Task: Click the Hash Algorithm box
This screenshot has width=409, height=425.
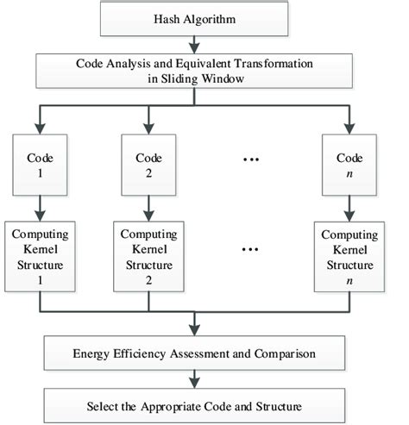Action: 204,19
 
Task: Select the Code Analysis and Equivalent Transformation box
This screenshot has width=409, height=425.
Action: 204,72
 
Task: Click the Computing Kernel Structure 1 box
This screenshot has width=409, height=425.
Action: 38,256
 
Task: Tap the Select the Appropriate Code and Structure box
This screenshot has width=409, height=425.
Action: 204,404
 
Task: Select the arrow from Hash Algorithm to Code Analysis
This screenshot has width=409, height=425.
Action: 204,44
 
